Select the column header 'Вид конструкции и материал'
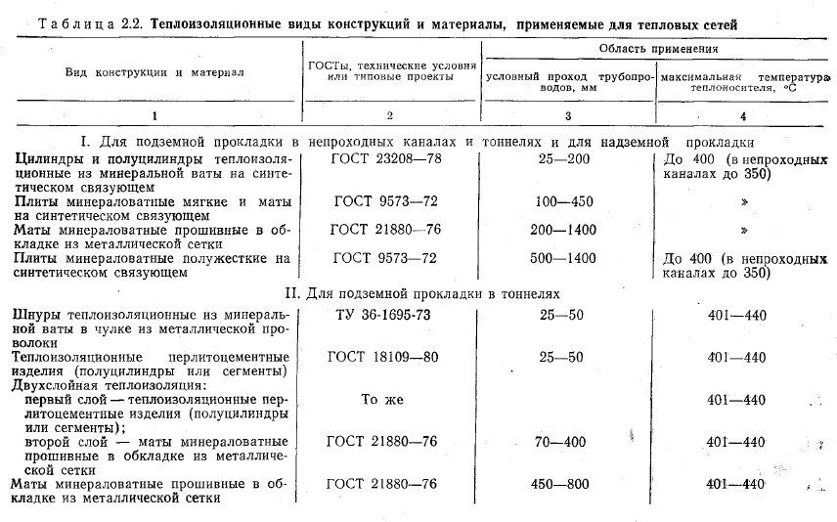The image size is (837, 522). click(x=154, y=72)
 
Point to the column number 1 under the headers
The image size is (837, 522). click(x=154, y=115)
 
